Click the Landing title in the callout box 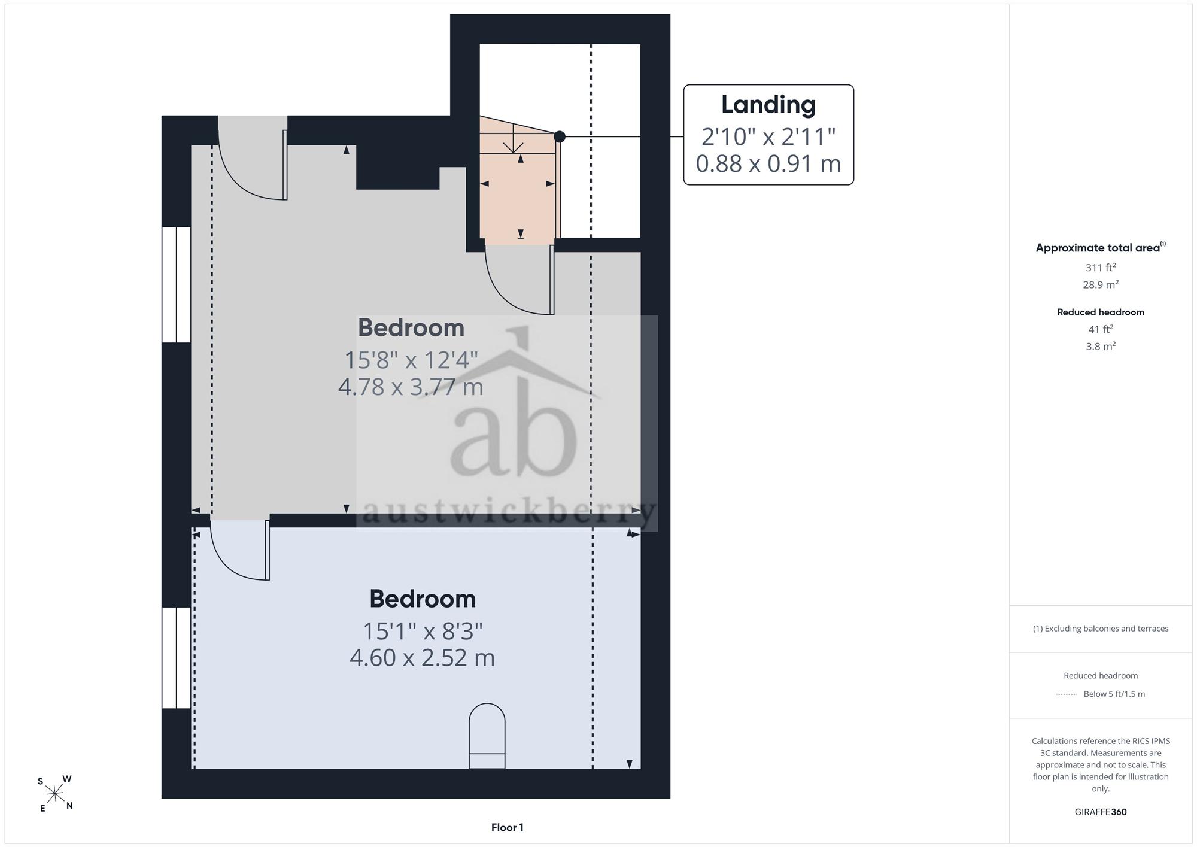pos(768,105)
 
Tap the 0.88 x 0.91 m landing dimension pos(768,163)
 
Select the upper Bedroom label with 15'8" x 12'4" pos(411,328)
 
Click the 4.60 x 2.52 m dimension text pos(423,658)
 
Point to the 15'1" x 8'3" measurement pos(423,631)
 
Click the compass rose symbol pos(55,794)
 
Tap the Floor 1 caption pos(508,828)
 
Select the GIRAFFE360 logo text pos(1101,812)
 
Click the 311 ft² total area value pos(1101,268)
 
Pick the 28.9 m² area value pos(1101,284)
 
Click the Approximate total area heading pos(1101,248)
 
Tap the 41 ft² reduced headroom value pos(1101,329)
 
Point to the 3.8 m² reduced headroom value pos(1101,346)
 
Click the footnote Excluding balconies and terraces pos(1101,629)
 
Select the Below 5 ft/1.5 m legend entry pos(1114,694)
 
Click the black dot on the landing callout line pos(560,136)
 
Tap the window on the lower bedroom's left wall pos(177,658)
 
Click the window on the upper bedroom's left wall pos(177,284)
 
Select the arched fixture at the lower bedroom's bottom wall pos(487,736)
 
